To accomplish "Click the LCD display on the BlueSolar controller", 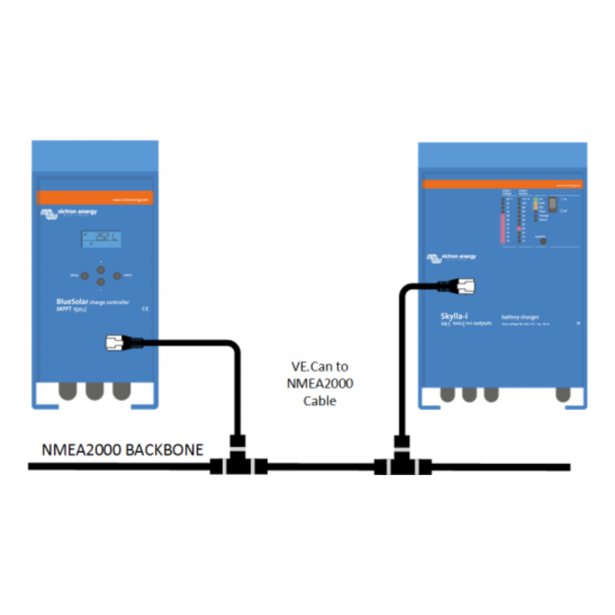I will tap(101, 239).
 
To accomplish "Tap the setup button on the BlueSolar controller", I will tap(84, 276).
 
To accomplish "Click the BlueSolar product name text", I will tap(73, 302).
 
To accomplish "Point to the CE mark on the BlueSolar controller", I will tap(146, 309).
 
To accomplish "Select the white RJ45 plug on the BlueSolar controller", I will tap(116, 342).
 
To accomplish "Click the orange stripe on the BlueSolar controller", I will tap(94, 198).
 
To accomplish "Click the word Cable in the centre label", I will tap(319, 401).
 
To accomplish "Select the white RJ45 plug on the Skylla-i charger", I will tap(464, 286).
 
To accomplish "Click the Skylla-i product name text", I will tap(454, 316).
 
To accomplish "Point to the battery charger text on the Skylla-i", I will tap(520, 317).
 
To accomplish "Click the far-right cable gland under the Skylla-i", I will tap(563, 395).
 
